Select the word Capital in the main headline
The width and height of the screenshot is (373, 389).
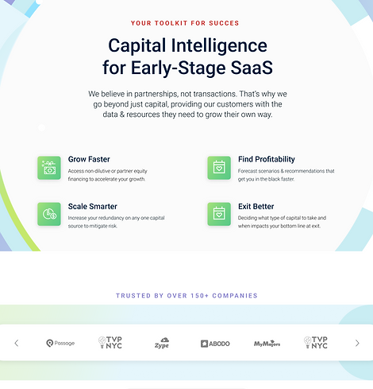coord(137,46)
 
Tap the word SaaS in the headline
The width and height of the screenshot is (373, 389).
coord(252,68)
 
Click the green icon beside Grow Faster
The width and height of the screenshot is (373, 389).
coord(49,168)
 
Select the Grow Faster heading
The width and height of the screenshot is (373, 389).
coord(89,159)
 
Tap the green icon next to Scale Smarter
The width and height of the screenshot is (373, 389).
coord(49,214)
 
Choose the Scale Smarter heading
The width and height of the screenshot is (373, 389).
coord(93,206)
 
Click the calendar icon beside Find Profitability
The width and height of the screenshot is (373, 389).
coord(219,168)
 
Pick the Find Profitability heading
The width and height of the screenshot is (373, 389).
coord(267,159)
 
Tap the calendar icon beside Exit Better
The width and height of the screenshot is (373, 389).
coord(219,214)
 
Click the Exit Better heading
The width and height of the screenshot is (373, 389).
coord(256,206)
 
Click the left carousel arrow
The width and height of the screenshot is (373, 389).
coord(17,343)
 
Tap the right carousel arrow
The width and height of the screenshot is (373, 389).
coord(357,343)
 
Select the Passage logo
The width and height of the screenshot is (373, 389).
coord(60,343)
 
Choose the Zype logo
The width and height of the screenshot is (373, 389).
coord(162,343)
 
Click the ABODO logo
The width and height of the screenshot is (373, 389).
coord(215,344)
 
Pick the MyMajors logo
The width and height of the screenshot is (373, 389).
coord(267,344)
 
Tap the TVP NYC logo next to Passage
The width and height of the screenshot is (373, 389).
coord(110,342)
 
